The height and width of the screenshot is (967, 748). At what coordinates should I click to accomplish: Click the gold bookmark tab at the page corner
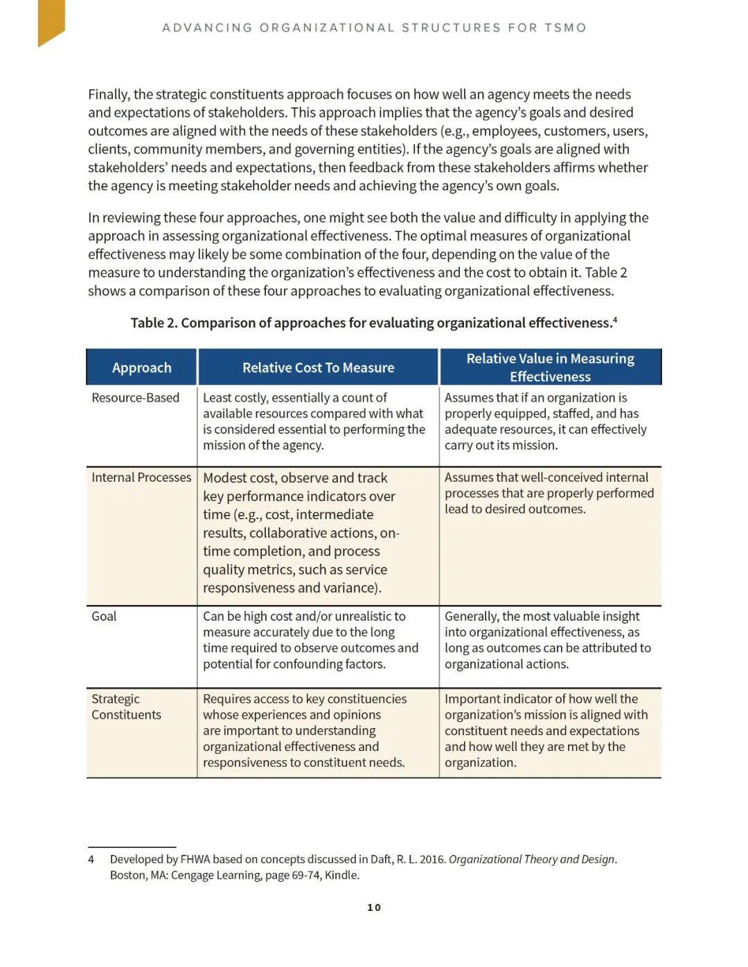51,21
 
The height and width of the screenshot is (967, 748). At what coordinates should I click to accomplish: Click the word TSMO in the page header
565,28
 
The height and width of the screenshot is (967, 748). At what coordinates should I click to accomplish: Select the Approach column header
141,368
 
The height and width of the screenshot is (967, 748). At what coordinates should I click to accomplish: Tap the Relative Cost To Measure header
318,368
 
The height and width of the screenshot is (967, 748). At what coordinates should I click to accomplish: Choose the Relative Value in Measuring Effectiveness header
550,368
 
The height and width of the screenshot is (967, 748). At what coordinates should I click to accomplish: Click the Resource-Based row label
135,398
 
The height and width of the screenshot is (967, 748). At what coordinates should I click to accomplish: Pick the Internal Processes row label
141,478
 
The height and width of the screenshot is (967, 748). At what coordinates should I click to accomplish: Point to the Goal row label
104,616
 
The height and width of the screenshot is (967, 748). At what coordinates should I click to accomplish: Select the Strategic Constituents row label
126,707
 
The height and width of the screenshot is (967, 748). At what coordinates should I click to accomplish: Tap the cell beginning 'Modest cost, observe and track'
301,533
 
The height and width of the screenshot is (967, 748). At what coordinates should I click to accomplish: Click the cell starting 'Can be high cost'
310,640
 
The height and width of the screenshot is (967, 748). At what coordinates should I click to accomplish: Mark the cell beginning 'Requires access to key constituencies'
305,731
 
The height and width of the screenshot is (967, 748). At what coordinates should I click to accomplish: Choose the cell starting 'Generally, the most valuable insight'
547,640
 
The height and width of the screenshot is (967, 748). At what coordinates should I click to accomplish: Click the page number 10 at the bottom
374,907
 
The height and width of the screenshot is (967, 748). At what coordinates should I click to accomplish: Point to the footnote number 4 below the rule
91,860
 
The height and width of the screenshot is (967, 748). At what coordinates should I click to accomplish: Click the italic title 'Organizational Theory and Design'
531,860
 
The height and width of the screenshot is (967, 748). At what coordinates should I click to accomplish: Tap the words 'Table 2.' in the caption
153,323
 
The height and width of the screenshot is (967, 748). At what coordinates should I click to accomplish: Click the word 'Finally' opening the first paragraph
108,95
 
